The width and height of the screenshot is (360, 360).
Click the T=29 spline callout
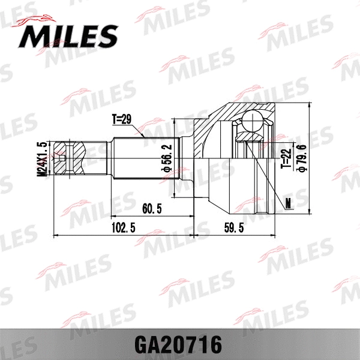click(121, 119)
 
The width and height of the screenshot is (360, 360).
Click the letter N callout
click(289, 203)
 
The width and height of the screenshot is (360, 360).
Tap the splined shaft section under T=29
click(143, 158)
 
